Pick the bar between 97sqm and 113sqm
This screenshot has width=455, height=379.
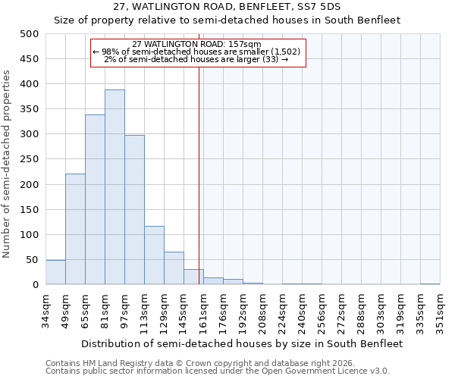[134, 210]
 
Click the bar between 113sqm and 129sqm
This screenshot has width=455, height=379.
[154, 255]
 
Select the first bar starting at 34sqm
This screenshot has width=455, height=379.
[55, 272]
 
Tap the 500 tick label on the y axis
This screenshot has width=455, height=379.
[30, 34]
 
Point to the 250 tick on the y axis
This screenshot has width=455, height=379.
[30, 159]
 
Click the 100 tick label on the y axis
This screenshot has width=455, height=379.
[30, 235]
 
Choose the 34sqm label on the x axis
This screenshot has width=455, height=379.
[46, 309]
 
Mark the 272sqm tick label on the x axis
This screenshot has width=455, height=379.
[342, 309]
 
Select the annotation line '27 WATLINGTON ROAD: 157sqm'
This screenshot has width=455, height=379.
[196, 44]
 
